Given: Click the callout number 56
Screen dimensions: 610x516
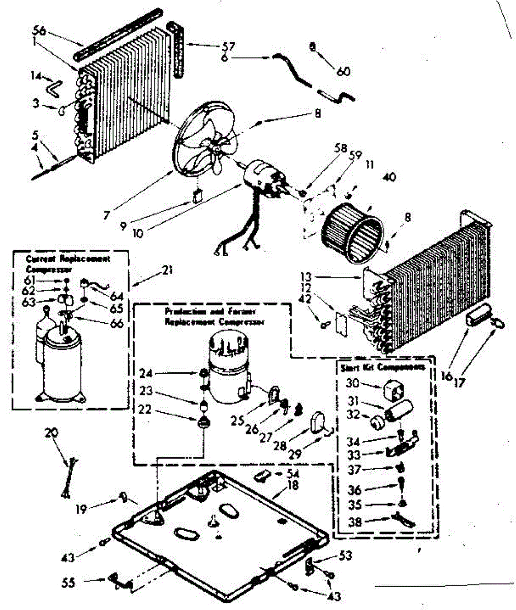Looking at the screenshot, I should [40, 30].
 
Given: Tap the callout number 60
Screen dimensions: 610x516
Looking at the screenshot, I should [343, 72].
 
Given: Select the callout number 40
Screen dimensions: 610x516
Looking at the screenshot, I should [389, 177].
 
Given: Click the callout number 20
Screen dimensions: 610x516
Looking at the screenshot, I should [51, 433].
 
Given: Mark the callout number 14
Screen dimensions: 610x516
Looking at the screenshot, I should [35, 76].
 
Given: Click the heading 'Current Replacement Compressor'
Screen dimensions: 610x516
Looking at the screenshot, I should [68, 263].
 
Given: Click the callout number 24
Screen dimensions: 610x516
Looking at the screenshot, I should [145, 374].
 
